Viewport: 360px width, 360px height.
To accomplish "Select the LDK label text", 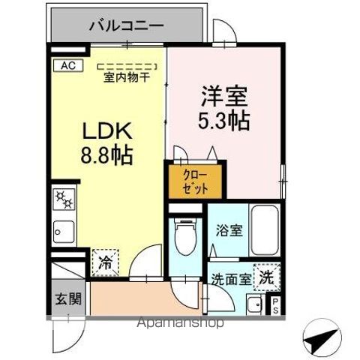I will (106, 131).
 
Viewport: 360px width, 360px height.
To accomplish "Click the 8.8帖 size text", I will (106, 155).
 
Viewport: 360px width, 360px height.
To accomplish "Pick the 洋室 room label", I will (223, 97).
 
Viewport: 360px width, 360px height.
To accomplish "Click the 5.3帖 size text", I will (223, 119).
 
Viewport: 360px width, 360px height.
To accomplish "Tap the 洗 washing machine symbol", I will (265, 277).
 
